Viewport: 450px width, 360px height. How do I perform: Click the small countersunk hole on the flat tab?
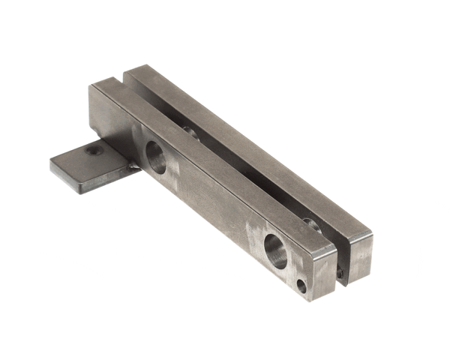[x=94, y=151]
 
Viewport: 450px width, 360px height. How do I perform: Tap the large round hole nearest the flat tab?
[x=155, y=157]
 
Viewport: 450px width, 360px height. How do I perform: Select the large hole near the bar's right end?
[x=276, y=250]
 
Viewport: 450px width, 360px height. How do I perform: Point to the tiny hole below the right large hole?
[x=301, y=286]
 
